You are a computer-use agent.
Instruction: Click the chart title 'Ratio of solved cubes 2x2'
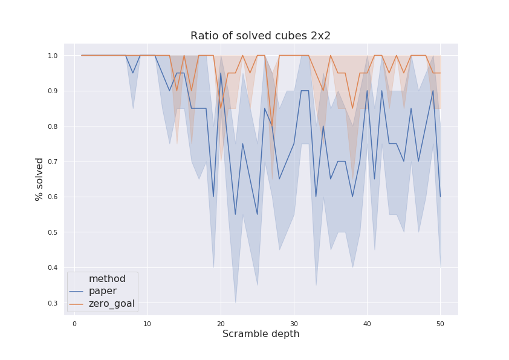pyautogui.click(x=261, y=36)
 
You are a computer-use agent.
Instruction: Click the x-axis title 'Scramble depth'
pyautogui.click(x=261, y=334)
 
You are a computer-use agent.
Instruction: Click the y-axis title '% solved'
pyautogui.click(x=40, y=179)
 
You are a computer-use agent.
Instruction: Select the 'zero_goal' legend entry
pyautogui.click(x=111, y=304)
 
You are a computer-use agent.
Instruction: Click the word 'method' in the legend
pyautogui.click(x=107, y=279)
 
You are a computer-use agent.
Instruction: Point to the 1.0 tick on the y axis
pyautogui.click(x=53, y=56)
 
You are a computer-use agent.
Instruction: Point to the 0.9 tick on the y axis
pyautogui.click(x=53, y=91)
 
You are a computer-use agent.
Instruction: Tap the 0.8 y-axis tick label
pyautogui.click(x=53, y=126)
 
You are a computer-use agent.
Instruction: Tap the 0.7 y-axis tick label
pyautogui.click(x=53, y=162)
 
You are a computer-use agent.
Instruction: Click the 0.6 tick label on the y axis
pyautogui.click(x=53, y=197)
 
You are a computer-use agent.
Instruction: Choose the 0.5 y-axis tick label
pyautogui.click(x=53, y=232)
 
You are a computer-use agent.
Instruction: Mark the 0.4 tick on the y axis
pyautogui.click(x=53, y=268)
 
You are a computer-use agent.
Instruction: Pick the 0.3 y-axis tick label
pyautogui.click(x=53, y=303)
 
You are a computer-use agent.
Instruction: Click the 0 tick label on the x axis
pyautogui.click(x=74, y=324)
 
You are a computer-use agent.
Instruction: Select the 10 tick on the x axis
pyautogui.click(x=148, y=324)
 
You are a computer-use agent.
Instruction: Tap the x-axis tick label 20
pyautogui.click(x=221, y=324)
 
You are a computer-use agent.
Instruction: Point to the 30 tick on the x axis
pyautogui.click(x=294, y=324)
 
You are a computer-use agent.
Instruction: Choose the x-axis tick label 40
pyautogui.click(x=367, y=324)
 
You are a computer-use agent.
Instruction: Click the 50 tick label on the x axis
pyautogui.click(x=440, y=324)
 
